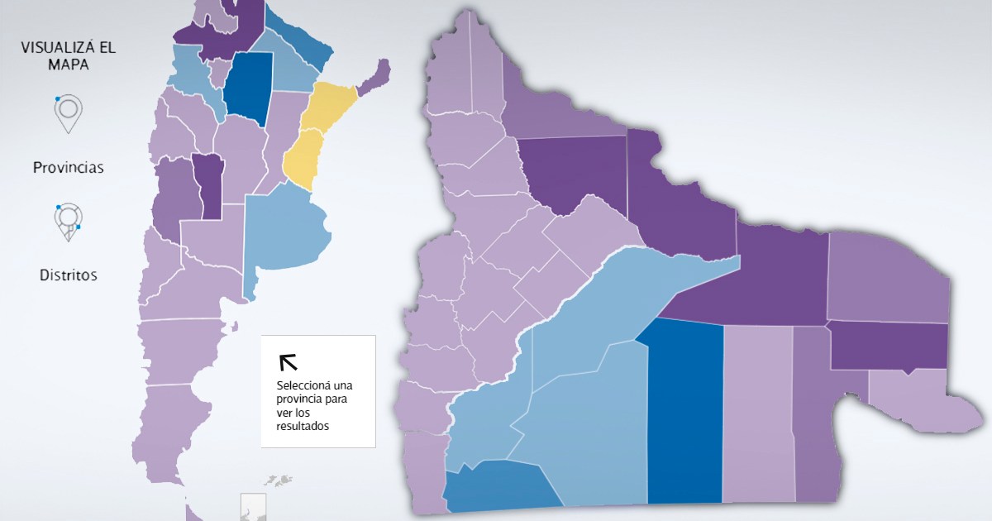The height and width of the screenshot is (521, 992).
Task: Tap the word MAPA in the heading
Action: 69,65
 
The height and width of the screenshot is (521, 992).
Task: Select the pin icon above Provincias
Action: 69,112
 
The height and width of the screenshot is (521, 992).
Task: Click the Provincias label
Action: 69,168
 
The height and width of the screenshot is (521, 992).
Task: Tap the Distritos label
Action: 69,275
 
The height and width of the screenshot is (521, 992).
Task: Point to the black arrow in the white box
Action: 289,362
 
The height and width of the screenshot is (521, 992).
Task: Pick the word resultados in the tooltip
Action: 303,426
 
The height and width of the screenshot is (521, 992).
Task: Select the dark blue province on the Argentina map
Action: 248,87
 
